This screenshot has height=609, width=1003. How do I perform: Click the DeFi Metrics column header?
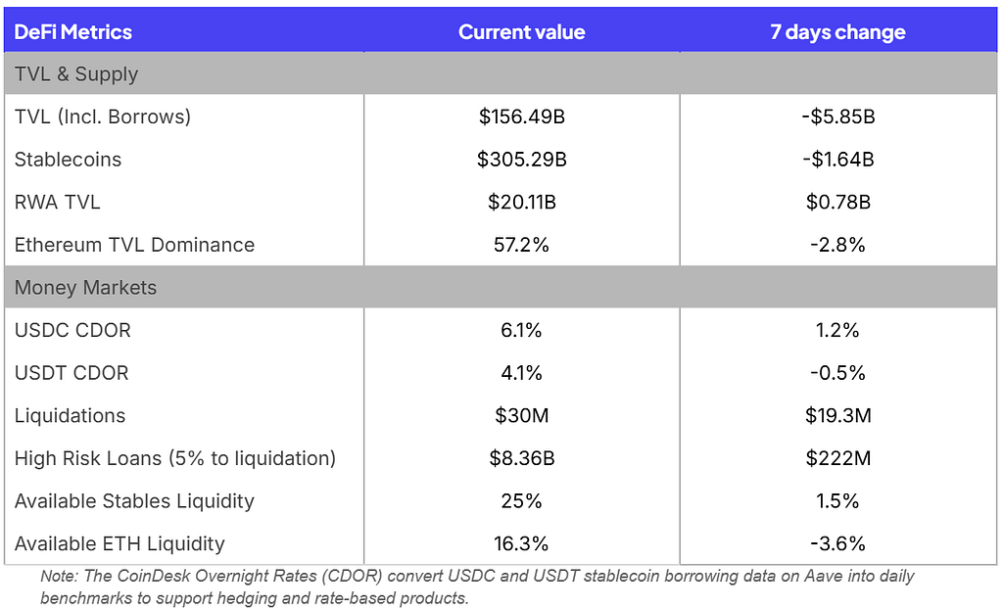point(72,32)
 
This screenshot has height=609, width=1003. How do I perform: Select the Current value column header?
point(521,32)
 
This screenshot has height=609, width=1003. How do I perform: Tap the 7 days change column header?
point(837,32)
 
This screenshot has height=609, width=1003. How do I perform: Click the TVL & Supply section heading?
point(76,74)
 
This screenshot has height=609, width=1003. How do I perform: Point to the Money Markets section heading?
point(85,288)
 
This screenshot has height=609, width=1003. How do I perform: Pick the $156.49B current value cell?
point(521,117)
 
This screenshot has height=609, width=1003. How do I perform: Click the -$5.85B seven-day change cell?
point(838,117)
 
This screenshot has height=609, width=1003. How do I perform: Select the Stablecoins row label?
point(68,160)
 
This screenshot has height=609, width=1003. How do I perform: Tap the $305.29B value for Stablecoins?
point(521,160)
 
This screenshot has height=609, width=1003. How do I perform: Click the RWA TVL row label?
point(57,202)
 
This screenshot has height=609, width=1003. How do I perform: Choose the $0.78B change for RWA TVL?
point(838,202)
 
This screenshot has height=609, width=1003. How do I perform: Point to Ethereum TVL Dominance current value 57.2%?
point(521,245)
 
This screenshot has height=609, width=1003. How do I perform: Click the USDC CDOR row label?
point(72,330)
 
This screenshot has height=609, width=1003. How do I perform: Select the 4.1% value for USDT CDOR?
point(521,373)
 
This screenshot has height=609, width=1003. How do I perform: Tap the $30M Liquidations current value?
point(521,416)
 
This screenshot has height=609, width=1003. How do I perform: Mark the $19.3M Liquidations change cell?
point(838,416)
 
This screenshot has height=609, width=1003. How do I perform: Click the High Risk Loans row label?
point(174,458)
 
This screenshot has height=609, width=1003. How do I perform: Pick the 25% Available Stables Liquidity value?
point(521,501)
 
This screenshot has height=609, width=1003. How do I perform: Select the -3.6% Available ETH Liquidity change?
point(838,543)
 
